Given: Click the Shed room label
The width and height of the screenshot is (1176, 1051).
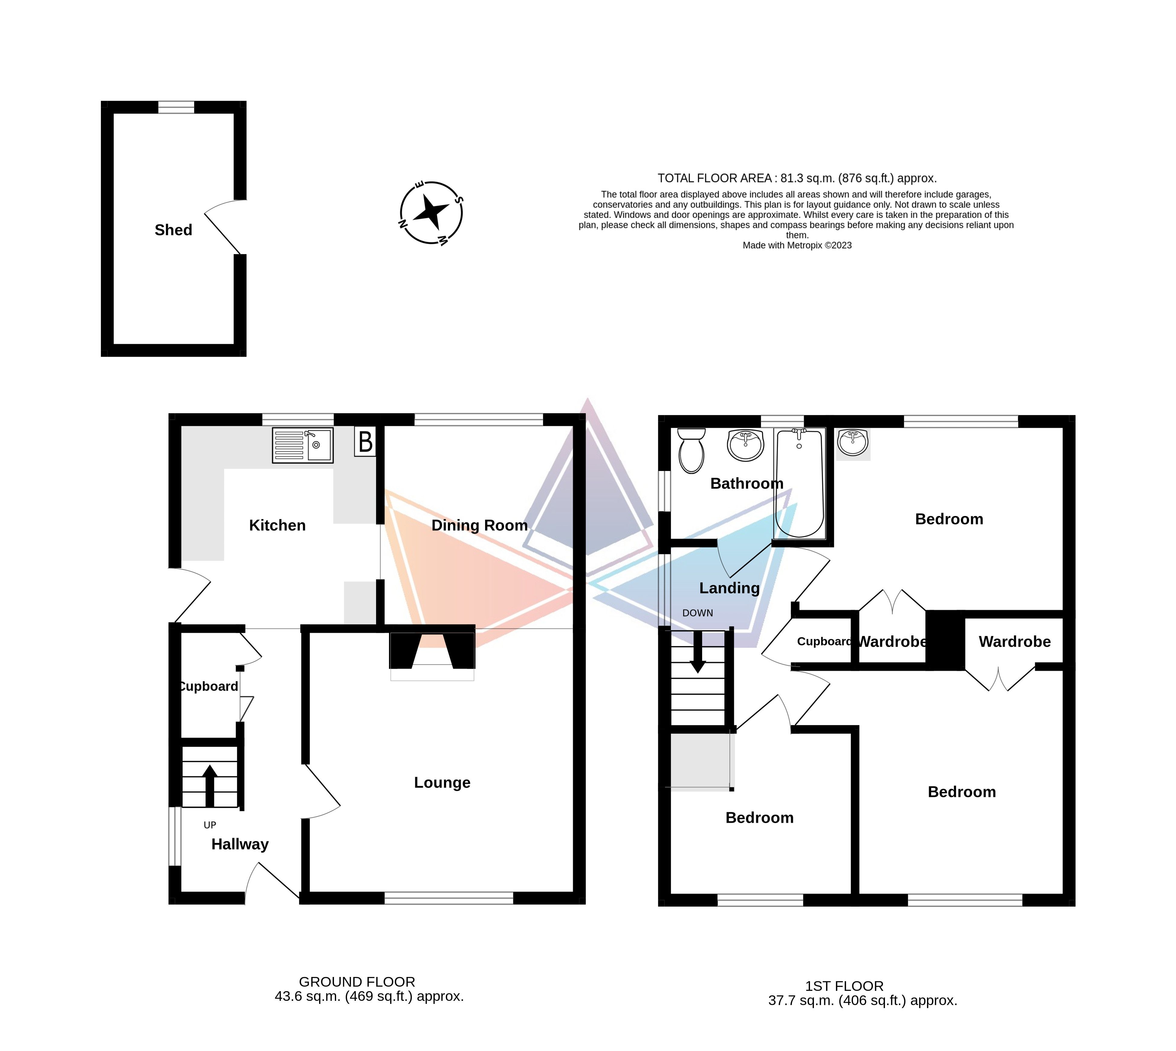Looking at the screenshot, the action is (173, 230).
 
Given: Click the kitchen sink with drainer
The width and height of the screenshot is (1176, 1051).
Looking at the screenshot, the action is (303, 445).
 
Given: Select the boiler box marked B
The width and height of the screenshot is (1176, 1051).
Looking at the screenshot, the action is (365, 442).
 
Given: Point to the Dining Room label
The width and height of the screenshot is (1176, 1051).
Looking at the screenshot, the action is (479, 525).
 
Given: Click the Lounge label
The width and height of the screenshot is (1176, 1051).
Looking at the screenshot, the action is (442, 782).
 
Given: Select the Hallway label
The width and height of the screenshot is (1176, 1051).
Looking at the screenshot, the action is (240, 844).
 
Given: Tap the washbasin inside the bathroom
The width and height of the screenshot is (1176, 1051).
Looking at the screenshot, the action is (746, 445).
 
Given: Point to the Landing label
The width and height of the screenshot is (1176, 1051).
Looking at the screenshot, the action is (730, 588).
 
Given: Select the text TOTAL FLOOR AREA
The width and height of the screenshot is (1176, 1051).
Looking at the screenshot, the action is (714, 179).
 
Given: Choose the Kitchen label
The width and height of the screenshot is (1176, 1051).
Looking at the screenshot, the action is (277, 525).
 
